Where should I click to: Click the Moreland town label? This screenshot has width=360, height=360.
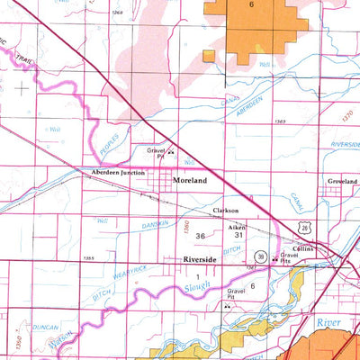(190, 182)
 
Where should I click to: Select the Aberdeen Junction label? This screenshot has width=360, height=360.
(113, 172)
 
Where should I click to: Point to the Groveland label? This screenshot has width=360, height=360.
(342, 181)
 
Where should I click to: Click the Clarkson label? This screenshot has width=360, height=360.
(225, 211)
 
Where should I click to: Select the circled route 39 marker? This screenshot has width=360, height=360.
(260, 256)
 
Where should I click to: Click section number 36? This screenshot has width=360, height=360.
(200, 237)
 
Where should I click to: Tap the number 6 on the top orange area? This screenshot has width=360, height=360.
(252, 6)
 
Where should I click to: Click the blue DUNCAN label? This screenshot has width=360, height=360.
(23, 303)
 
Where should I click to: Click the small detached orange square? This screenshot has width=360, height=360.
(208, 56)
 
